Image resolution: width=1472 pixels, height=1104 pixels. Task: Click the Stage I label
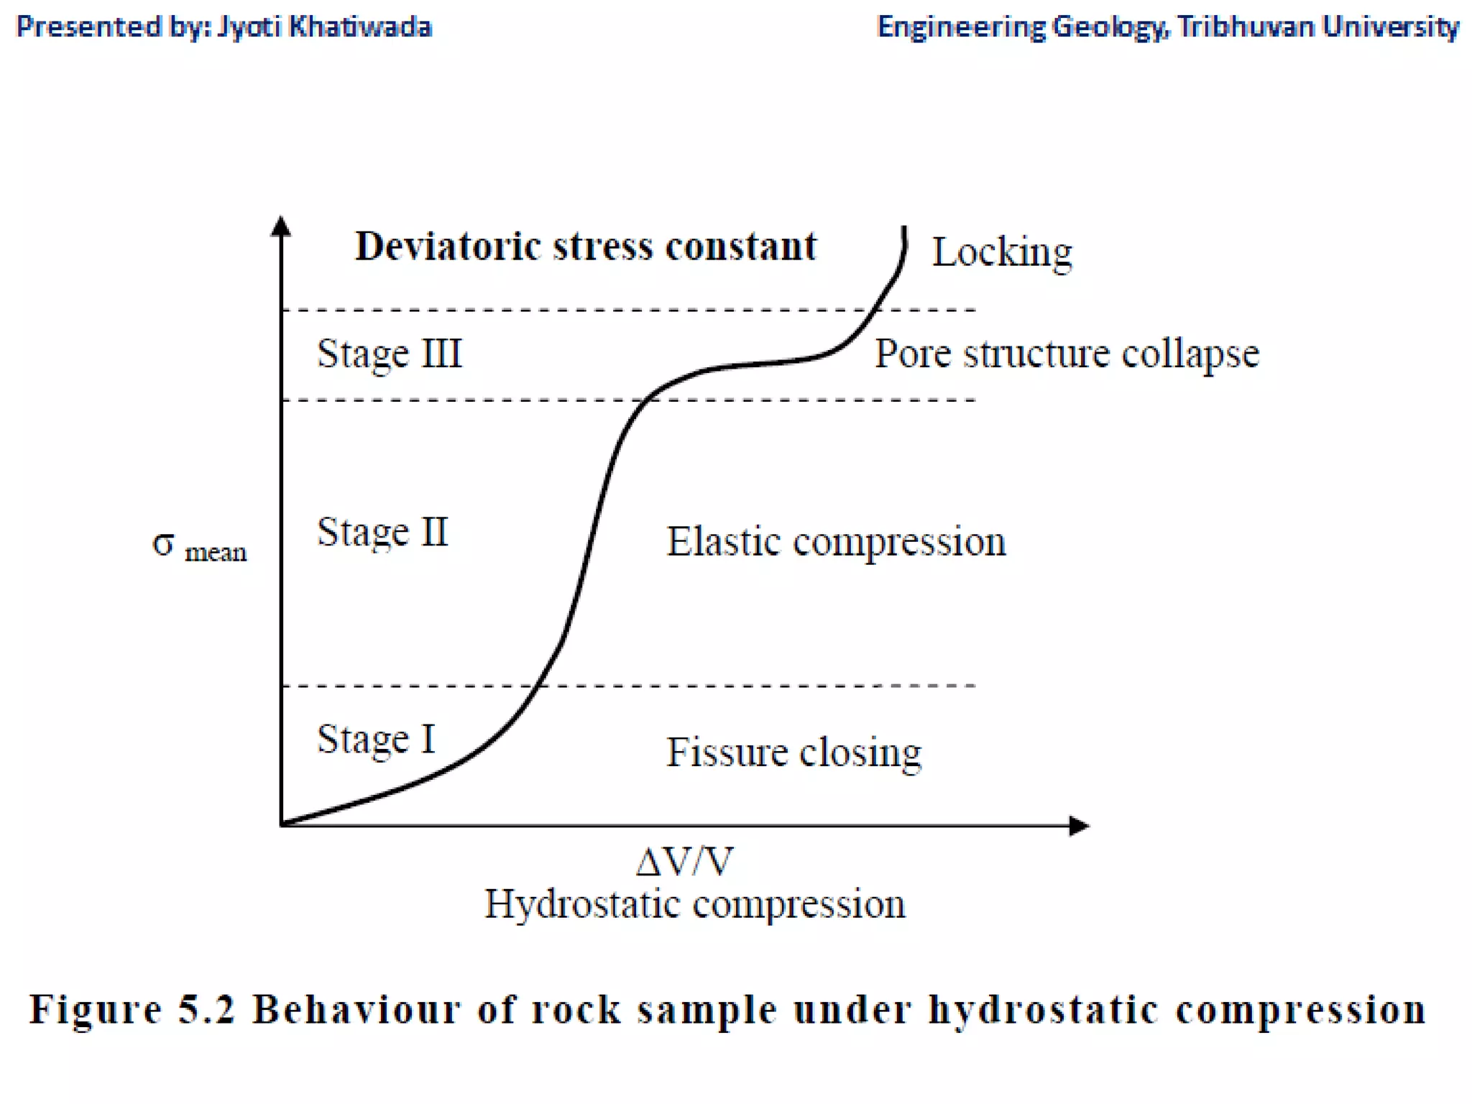point(376,739)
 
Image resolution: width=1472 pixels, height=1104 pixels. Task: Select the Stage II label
point(382,533)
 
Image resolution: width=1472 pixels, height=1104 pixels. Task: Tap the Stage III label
point(389,354)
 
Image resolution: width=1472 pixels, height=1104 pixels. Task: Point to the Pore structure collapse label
point(1067,354)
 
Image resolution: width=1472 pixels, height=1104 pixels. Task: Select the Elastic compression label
point(836,542)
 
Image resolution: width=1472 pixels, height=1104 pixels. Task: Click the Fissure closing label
point(793,753)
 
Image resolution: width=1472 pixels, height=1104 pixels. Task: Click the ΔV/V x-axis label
point(684,861)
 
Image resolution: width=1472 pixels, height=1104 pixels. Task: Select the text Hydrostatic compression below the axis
point(694,904)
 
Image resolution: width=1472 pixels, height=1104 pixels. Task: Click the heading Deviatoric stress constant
point(586,247)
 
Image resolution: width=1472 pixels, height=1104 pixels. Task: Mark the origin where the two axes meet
point(282,824)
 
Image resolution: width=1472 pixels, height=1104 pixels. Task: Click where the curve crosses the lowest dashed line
point(536,686)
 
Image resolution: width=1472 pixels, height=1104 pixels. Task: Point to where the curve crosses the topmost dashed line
point(875,310)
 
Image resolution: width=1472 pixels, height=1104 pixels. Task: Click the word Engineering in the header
point(961,27)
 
